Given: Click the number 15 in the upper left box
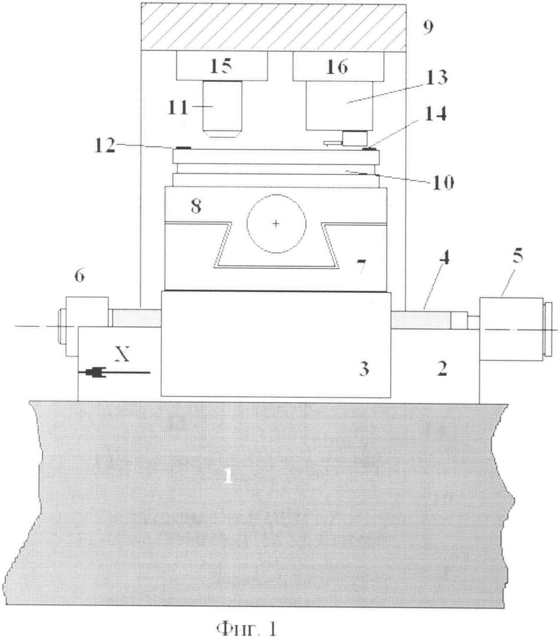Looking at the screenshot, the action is (x=221, y=66).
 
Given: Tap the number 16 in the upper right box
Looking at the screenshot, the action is (x=337, y=66).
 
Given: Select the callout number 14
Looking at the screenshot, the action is (x=435, y=115).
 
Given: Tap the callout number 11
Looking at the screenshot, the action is (x=178, y=108).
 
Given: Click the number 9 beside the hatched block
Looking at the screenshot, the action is (x=427, y=28).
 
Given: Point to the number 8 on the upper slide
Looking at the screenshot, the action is (x=196, y=207).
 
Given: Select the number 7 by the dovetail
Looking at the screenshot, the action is (x=361, y=267).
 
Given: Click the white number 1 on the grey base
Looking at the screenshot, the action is (x=229, y=476).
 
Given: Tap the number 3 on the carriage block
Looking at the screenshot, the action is (x=364, y=368).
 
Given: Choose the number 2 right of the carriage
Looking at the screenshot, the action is (x=442, y=369).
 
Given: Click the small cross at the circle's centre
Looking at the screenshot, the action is (x=276, y=223).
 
